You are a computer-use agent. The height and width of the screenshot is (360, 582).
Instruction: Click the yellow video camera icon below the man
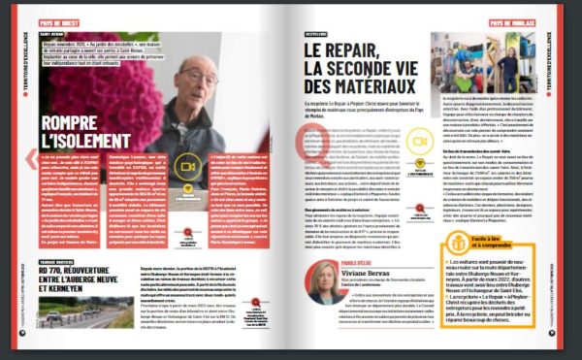pyautogui.click(x=187, y=166)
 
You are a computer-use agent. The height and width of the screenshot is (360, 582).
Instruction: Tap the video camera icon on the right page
pyautogui.click(x=418, y=142)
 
